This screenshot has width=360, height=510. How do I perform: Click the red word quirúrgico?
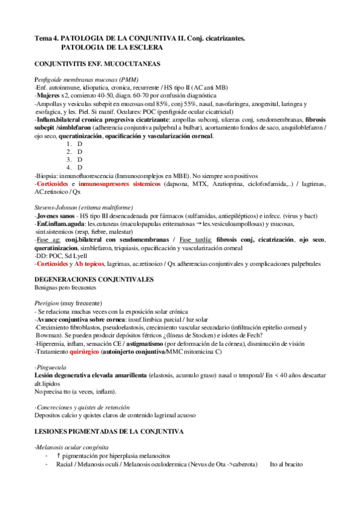coord(87,351)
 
